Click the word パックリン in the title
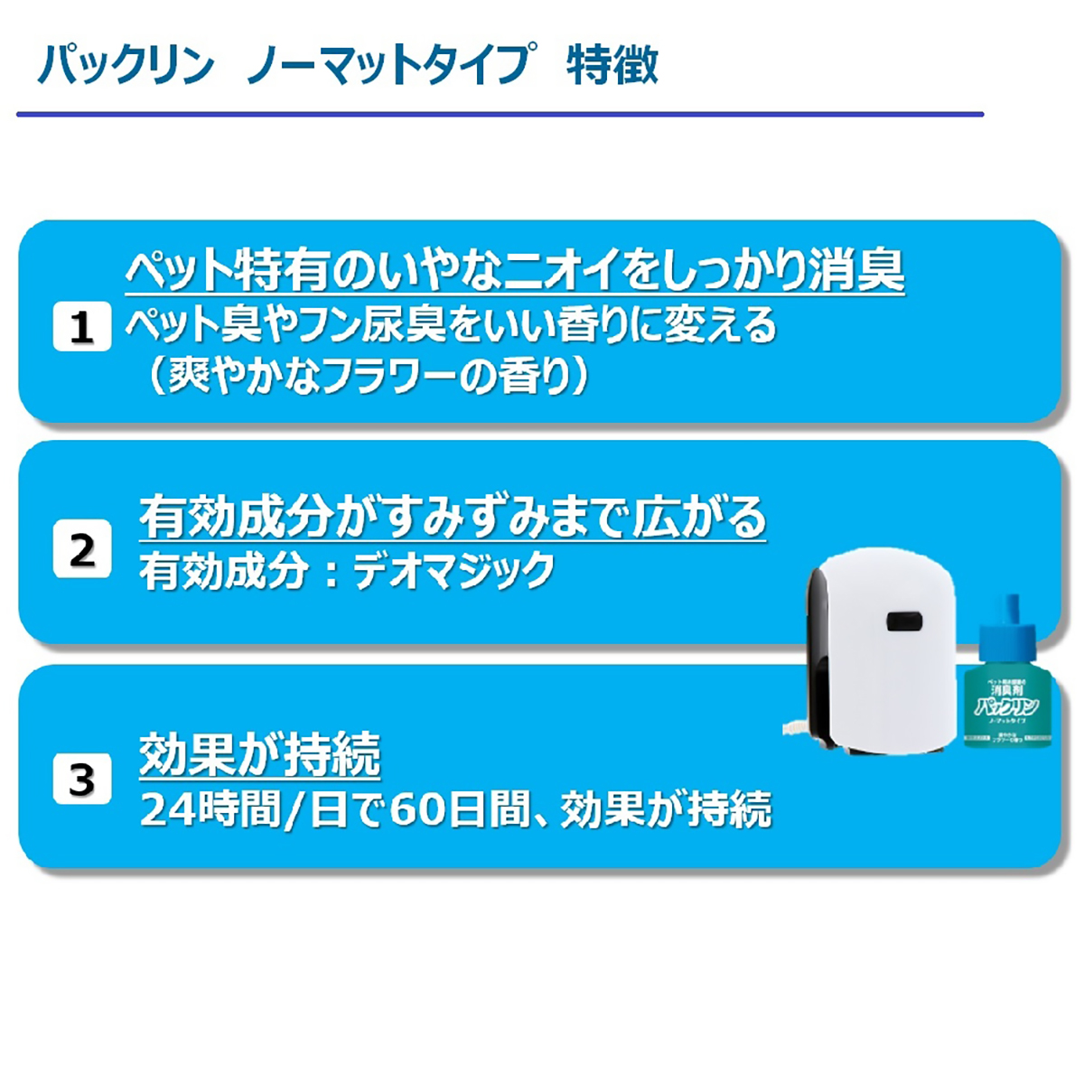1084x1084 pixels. (x=126, y=66)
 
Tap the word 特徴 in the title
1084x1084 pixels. (x=612, y=66)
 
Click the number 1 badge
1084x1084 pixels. (x=81, y=327)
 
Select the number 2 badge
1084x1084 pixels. (x=81, y=550)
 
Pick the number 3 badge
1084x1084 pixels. (x=81, y=779)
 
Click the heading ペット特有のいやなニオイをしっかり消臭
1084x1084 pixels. (x=514, y=269)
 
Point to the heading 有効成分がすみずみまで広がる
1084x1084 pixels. (x=452, y=518)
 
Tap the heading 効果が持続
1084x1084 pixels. (x=259, y=754)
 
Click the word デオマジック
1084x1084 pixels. (x=453, y=572)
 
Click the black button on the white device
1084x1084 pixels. (x=901, y=621)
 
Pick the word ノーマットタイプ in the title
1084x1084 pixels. (x=388, y=66)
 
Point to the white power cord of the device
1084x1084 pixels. (x=796, y=727)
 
